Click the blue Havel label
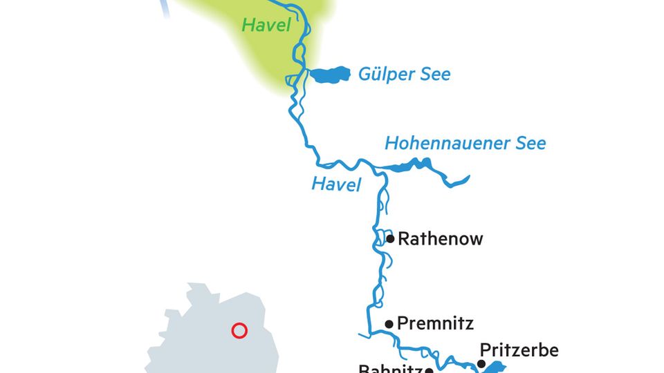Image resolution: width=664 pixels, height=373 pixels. click(336, 184)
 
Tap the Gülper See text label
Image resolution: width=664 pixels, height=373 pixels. click(404, 74)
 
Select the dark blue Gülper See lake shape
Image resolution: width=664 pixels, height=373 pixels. click(330, 75)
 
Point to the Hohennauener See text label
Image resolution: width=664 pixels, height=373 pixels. click(465, 144)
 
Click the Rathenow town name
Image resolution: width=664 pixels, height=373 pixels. click(440, 240)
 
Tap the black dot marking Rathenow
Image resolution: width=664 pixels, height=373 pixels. click(391, 239)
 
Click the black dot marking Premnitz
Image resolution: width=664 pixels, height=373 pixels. click(389, 323)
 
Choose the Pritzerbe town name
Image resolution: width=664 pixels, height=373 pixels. click(519, 350)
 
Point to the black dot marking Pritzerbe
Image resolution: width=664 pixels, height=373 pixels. click(481, 363)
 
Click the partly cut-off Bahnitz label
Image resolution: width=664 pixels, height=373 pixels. click(391, 368)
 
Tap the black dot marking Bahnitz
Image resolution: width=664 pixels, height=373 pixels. click(429, 371)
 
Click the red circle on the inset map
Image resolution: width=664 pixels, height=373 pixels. click(239, 331)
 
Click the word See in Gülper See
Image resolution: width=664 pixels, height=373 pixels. click(432, 74)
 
